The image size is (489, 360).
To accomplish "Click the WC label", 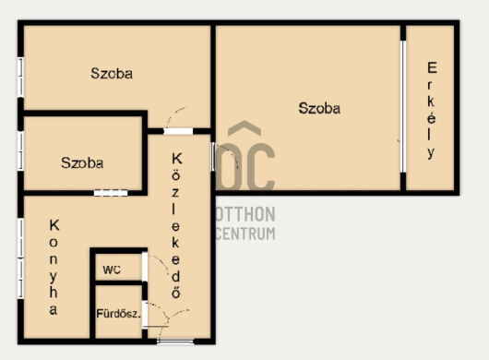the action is pos(112,270).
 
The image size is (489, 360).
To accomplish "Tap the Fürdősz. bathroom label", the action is pos(118,314).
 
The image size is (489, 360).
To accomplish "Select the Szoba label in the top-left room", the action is pos(112,73).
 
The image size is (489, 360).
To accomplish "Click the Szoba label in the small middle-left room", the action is pos(82,162).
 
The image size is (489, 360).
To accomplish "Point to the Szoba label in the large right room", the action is pos(319,108).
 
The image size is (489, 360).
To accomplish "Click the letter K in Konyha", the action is pos(54,225).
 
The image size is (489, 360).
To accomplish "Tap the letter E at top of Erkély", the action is pos(432,67).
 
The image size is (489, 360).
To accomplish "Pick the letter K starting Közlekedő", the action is pos(176,159).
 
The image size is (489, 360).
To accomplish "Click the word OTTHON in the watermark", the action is pos(245,213).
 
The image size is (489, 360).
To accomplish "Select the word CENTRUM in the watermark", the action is pos(245,234).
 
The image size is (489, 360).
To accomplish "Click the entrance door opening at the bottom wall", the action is pos(175,342).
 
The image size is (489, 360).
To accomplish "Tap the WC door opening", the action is pos(145,267).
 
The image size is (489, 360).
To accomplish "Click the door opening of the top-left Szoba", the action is pos(178,131).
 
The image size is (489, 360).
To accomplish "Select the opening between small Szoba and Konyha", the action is pos(111,193).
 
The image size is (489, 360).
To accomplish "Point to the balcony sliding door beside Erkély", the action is pos(403,106).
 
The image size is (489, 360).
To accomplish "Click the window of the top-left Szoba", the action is pos(20,78).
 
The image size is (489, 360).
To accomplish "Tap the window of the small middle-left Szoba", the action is pos(20,150).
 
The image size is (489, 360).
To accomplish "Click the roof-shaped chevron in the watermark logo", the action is pos(244,128).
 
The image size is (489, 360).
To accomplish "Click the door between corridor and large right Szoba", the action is pos(213,156).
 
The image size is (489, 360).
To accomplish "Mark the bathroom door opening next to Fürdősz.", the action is pos(145,315).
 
